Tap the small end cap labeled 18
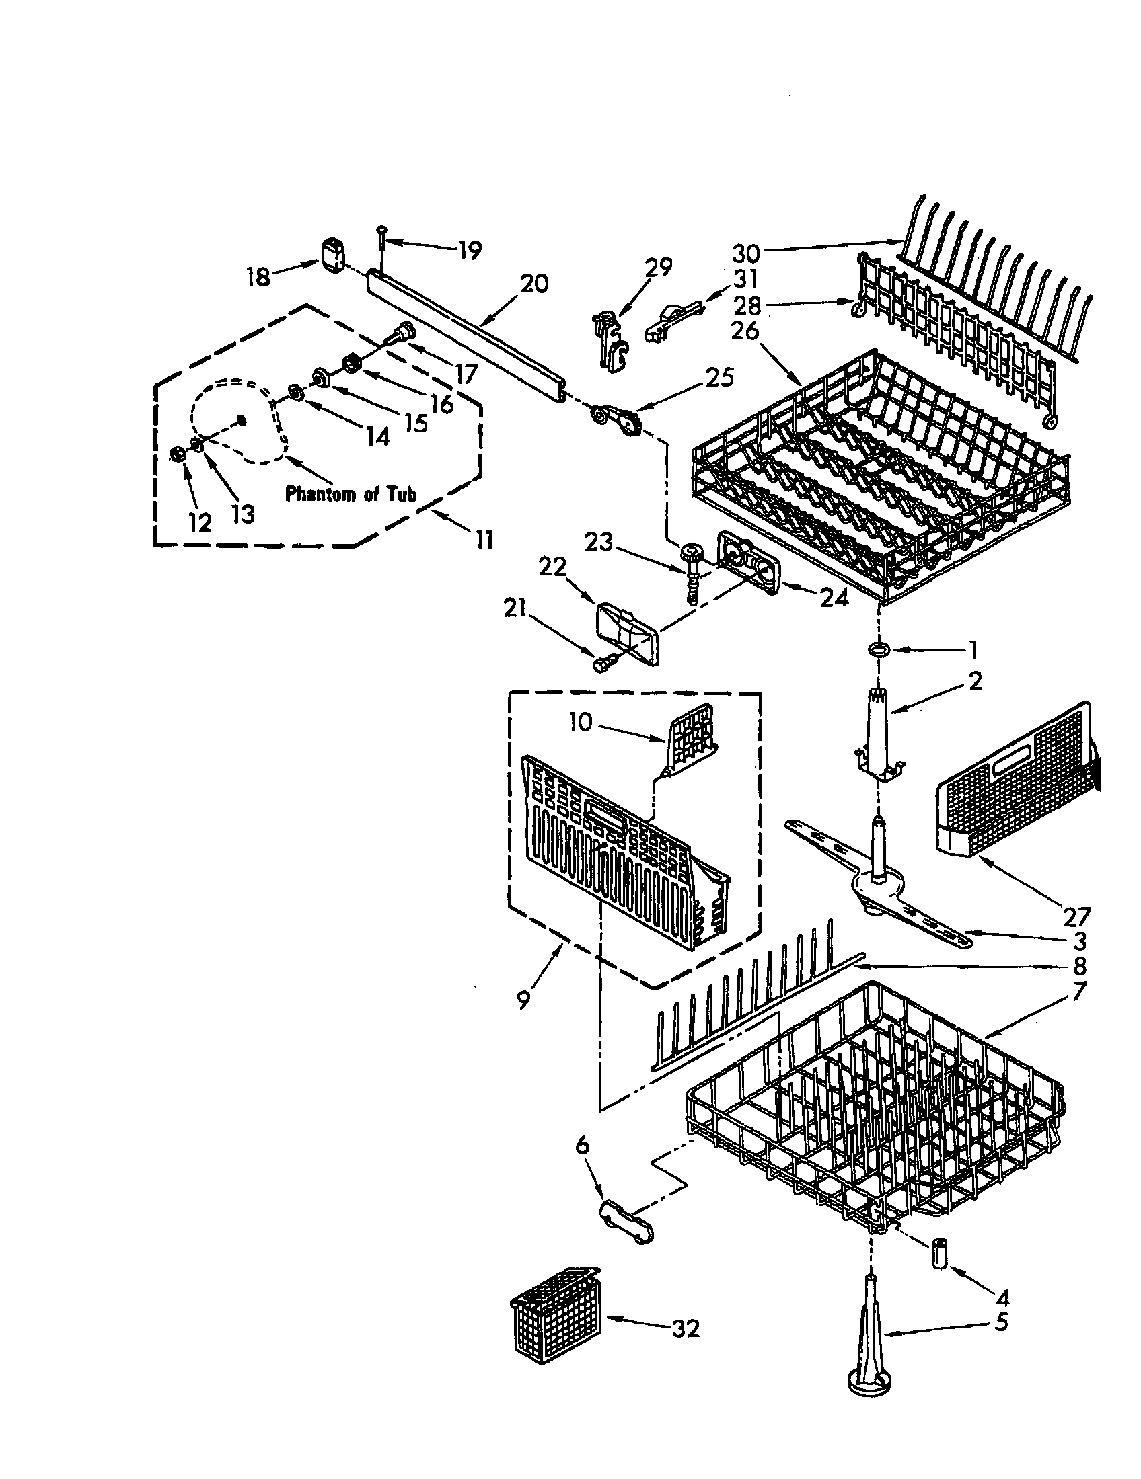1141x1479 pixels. click(x=331, y=255)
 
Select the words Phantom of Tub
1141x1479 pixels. click(x=350, y=493)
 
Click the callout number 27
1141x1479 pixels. click(x=1076, y=917)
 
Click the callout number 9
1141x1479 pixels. click(x=523, y=999)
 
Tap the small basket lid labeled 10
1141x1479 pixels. click(x=691, y=738)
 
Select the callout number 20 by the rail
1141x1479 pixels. click(x=534, y=284)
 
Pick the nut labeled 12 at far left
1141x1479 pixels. click(x=178, y=454)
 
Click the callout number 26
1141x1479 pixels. click(x=745, y=332)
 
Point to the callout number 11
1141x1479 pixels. click(x=484, y=540)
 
